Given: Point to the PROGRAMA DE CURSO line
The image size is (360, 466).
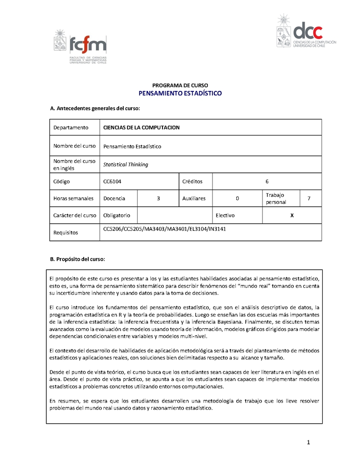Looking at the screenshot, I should [x=180, y=85].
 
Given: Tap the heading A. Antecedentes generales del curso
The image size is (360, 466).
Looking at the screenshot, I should [x=94, y=109].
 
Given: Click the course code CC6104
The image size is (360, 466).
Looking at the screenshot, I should [x=112, y=181].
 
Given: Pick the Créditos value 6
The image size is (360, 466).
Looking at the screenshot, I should [x=267, y=181].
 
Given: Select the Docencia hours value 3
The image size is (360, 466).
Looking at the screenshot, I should [x=158, y=198].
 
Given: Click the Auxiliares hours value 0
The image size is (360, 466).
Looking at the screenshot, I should [x=237, y=198].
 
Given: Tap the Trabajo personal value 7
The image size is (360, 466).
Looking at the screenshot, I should [x=308, y=198].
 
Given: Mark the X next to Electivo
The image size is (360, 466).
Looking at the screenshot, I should [x=292, y=215].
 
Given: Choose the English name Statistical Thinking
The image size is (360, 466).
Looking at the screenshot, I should [x=126, y=164].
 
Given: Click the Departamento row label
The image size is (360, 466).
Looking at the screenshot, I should [x=71, y=127].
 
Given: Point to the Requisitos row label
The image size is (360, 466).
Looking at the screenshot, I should [x=66, y=233].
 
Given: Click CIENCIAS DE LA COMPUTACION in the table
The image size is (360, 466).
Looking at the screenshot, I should [x=141, y=127].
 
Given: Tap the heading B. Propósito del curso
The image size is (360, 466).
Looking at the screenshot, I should [x=77, y=259].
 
